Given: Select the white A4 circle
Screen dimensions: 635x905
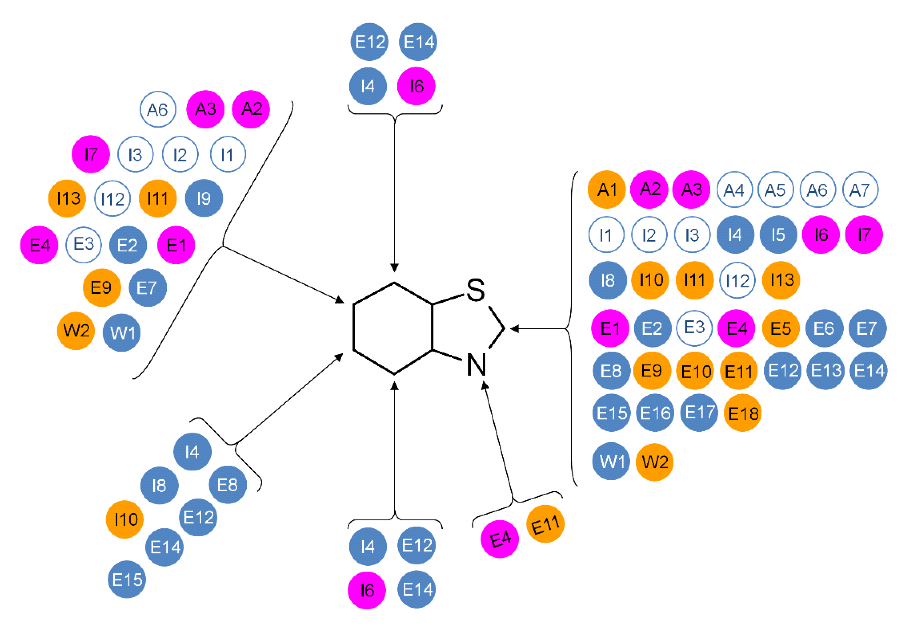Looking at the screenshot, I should [x=734, y=190].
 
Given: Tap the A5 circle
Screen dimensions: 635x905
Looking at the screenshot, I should [x=776, y=190].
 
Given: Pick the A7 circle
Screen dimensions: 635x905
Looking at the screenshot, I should [x=860, y=190].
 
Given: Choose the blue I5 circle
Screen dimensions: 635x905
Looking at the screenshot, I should [x=778, y=234].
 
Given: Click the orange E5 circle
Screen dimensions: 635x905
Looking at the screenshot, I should [x=781, y=328].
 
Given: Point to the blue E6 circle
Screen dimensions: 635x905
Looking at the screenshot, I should [x=824, y=328].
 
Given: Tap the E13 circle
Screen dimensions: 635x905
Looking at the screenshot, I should [x=825, y=371].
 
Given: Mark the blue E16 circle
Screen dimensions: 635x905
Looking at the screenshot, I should [x=655, y=413].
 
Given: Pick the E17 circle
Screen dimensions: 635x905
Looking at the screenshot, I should [x=699, y=412].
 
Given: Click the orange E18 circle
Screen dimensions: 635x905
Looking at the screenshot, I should [x=743, y=413].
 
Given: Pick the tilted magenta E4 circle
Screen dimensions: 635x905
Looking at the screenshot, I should [x=500, y=539].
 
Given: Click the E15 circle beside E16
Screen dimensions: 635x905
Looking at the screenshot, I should [x=611, y=413].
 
